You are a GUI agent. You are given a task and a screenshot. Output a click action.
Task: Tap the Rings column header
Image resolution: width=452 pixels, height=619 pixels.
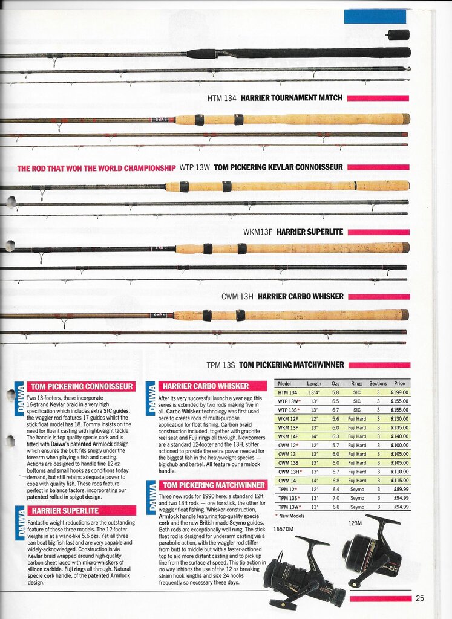point(357,383)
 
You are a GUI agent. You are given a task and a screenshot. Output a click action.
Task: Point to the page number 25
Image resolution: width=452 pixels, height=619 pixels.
point(420,598)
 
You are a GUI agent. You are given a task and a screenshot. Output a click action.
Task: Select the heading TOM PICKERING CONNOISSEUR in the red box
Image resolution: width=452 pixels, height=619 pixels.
point(82,386)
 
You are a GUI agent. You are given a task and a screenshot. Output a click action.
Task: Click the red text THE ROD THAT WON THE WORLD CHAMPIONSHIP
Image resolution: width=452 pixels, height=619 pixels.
point(96,167)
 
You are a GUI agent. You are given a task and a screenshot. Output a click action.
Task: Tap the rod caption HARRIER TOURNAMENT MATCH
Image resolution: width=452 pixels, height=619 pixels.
point(292,98)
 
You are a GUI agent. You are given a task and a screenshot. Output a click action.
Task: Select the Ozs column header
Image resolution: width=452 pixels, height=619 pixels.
point(336,383)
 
